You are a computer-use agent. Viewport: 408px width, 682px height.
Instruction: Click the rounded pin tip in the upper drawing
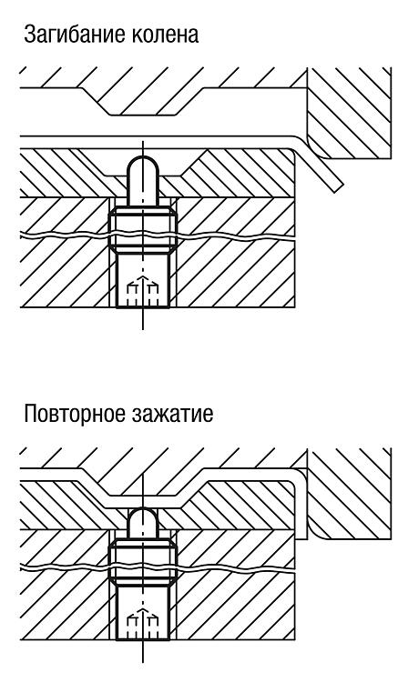click(142, 167)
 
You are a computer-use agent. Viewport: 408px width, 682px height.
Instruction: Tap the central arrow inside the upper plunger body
click(142, 290)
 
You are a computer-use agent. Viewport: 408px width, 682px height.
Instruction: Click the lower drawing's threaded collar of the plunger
click(142, 561)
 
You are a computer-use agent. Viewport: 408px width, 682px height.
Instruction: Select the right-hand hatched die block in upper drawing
click(348, 112)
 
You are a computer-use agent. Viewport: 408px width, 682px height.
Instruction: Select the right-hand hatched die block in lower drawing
click(348, 492)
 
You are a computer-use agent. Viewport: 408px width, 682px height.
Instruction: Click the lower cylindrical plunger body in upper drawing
click(142, 281)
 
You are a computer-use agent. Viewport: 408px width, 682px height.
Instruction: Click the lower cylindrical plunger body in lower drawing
click(142, 612)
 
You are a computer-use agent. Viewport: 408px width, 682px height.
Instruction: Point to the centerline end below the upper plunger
click(142, 329)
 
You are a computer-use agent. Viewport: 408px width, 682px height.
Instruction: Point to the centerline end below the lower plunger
click(142, 662)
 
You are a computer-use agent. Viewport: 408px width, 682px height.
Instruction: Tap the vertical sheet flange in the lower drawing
click(301, 505)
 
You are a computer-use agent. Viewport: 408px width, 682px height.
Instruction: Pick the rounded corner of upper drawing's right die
click(315, 149)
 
